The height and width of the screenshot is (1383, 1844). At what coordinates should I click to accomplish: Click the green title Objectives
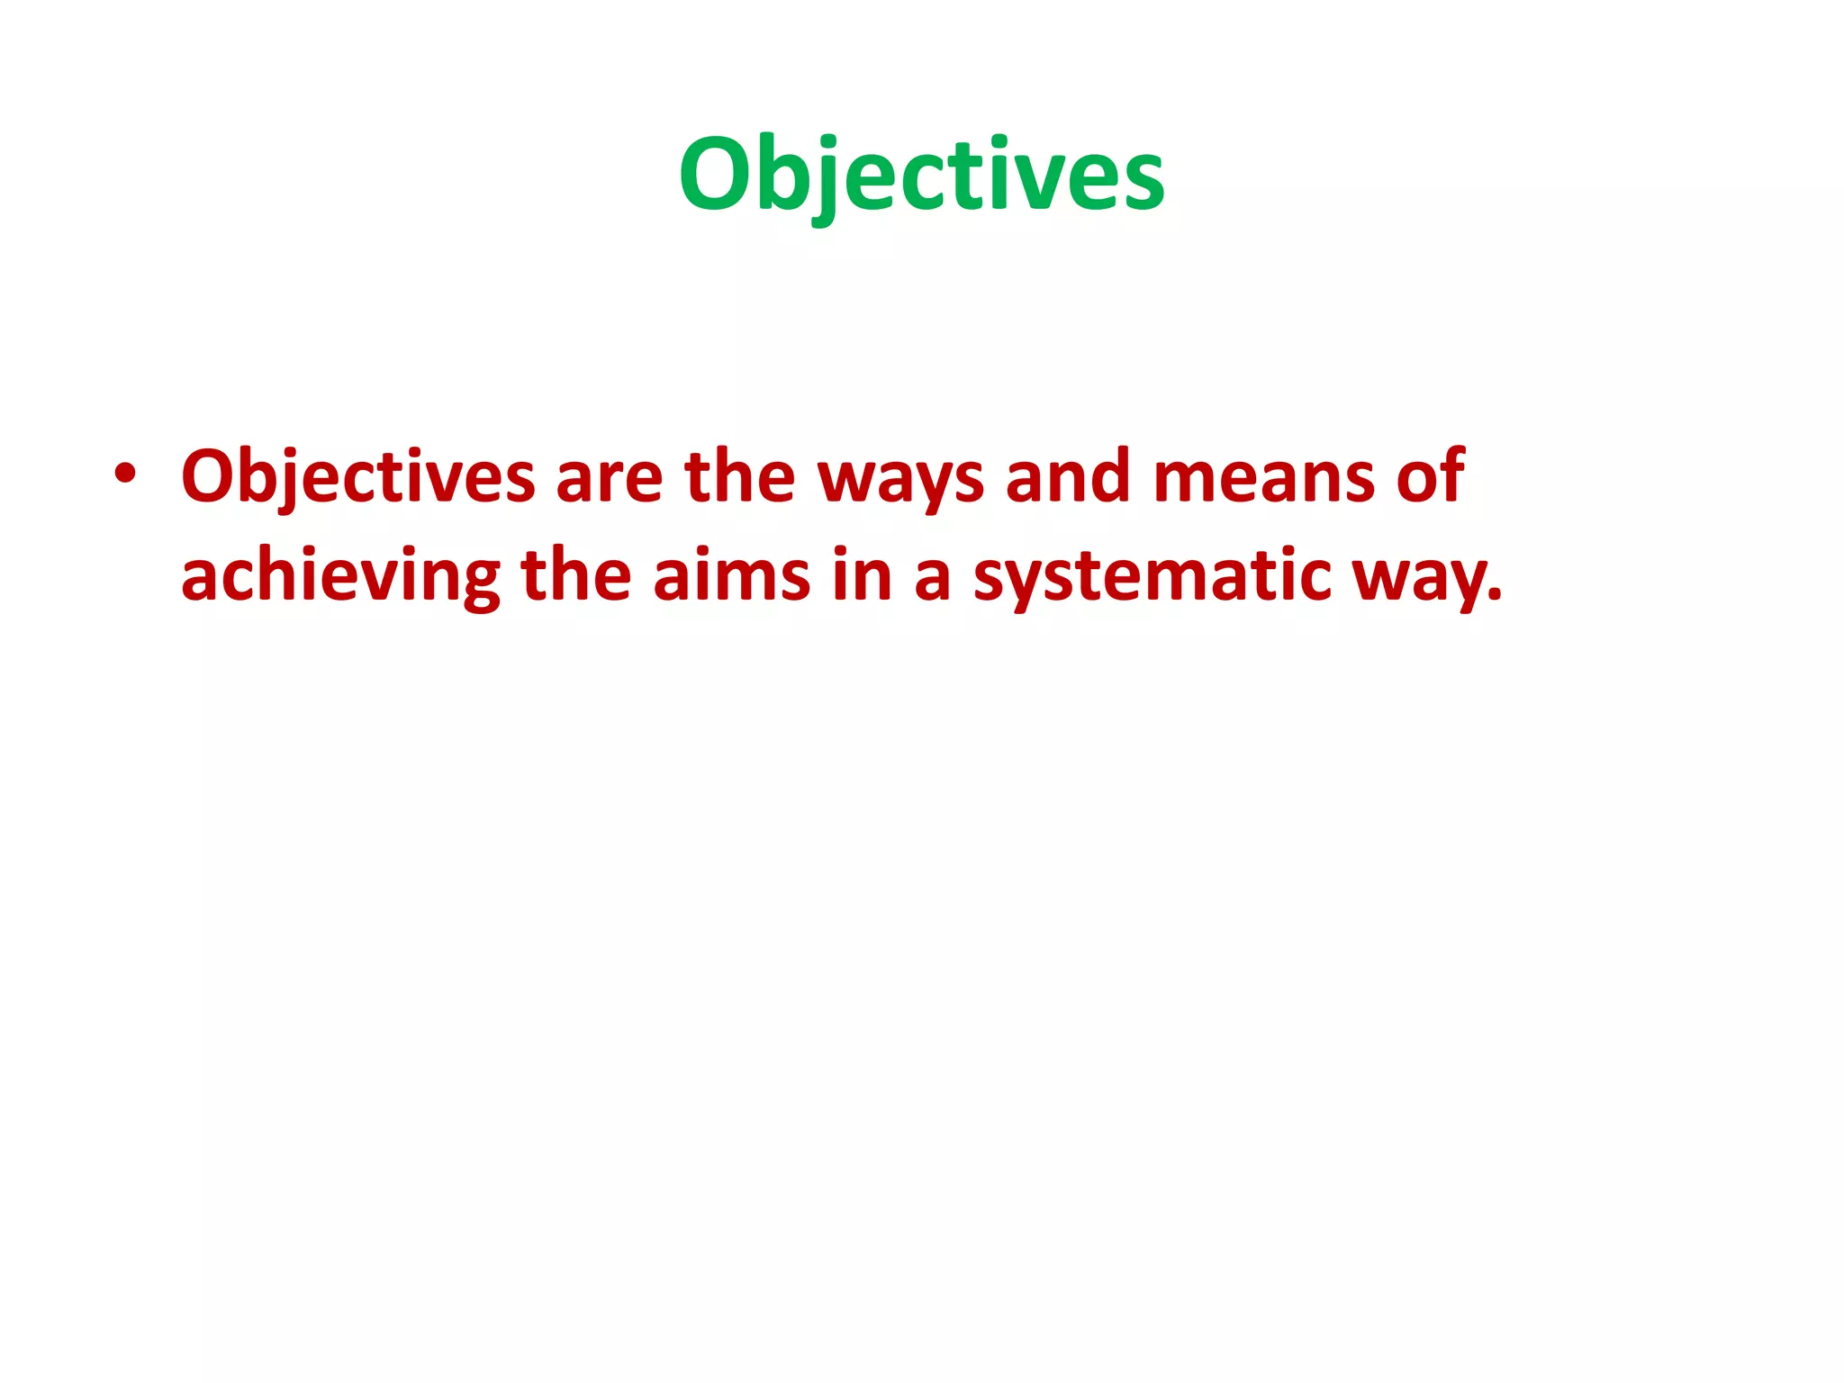click(921, 175)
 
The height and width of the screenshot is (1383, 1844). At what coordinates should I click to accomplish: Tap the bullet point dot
click(124, 475)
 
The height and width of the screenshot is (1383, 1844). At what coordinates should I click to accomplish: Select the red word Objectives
click(358, 477)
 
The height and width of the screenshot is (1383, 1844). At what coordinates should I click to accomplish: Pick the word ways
click(900, 481)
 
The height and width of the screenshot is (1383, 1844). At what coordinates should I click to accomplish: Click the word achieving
click(340, 576)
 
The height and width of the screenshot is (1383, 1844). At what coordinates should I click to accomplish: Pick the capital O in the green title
click(715, 173)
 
